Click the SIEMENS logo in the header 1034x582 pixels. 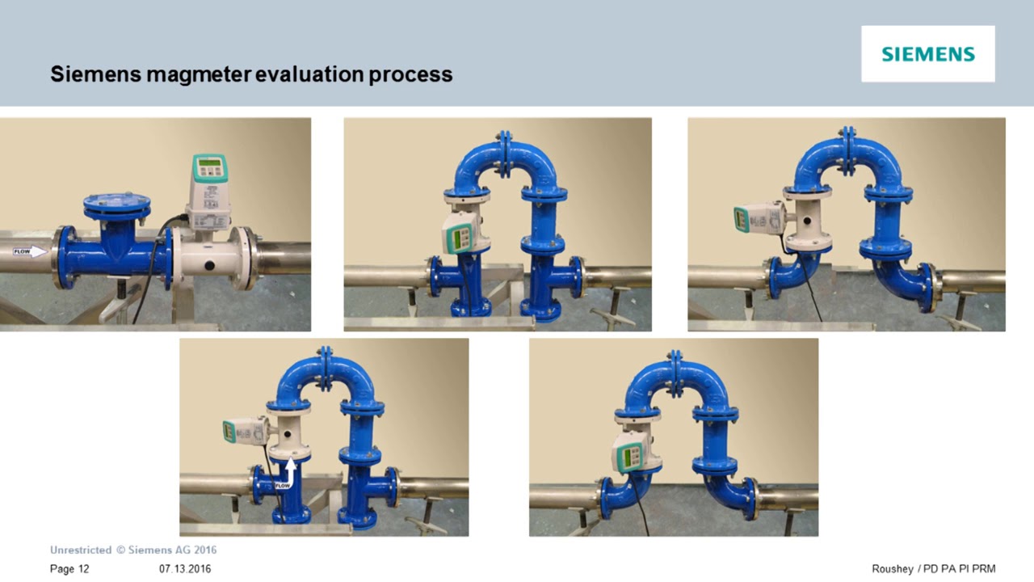(x=928, y=54)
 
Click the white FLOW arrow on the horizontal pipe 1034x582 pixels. (x=30, y=251)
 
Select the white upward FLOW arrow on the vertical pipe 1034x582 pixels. (x=288, y=471)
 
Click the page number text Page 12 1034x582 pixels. (x=69, y=569)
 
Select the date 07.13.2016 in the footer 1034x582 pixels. (x=185, y=569)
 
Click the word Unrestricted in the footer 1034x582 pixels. (x=81, y=550)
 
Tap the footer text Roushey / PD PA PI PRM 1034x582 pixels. (x=934, y=569)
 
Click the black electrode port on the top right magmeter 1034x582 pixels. (x=807, y=217)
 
